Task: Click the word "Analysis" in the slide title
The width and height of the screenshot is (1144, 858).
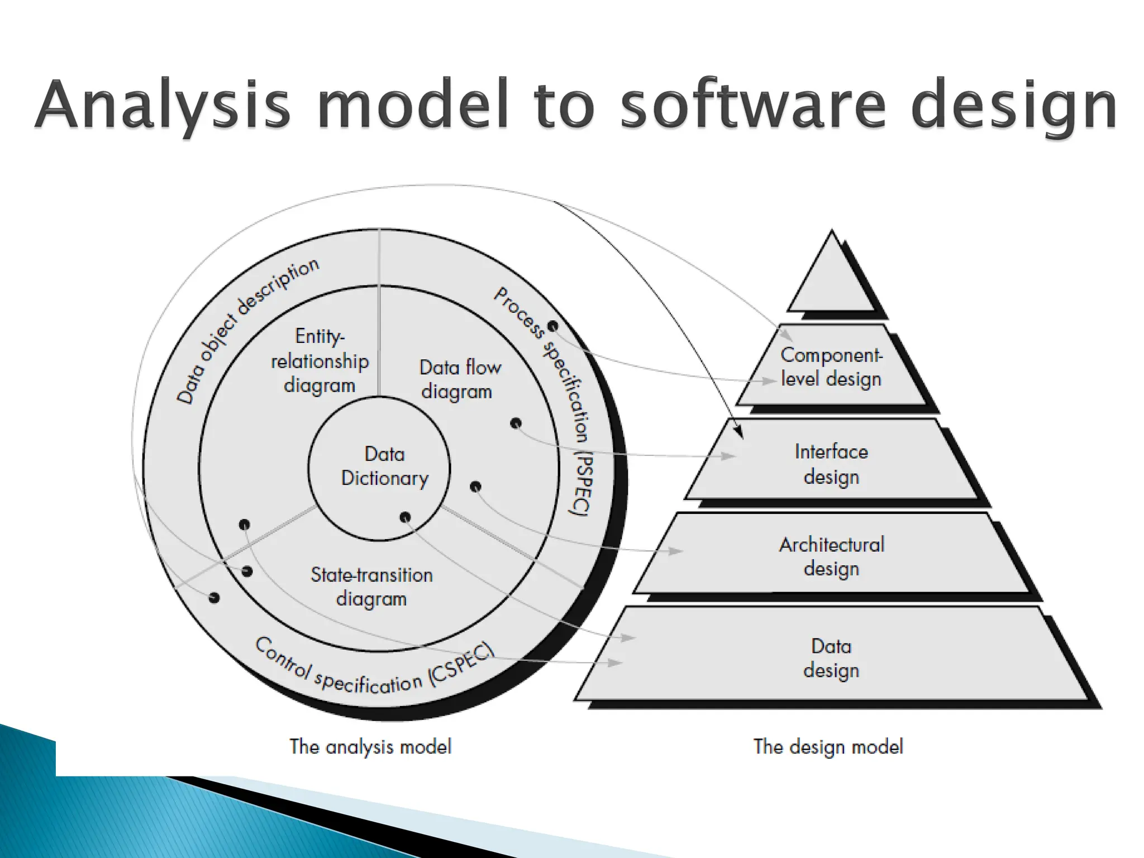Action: coord(162,106)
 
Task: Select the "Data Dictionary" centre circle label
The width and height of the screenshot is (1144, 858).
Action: coord(384,466)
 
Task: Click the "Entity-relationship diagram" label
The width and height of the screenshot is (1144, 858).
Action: coord(320,361)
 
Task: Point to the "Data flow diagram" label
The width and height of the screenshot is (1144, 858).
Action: coord(459,379)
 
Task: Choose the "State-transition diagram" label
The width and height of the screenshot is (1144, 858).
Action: coord(371,587)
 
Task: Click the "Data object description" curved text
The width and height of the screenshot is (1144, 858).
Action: coord(246,329)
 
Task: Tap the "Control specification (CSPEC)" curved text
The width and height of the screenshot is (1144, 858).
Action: coord(374,670)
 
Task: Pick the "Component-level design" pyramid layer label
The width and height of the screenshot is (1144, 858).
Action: coord(831,367)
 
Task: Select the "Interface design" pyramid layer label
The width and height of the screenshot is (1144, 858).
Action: coord(831,464)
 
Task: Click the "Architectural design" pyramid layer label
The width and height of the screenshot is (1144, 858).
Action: coord(831,556)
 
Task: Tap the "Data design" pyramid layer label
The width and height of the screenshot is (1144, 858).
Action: coord(831,658)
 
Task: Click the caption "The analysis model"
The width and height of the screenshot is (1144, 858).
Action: coord(370,746)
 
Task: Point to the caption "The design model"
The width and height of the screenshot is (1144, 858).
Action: coord(828,746)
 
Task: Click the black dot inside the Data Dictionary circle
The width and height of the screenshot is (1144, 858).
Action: coord(405,517)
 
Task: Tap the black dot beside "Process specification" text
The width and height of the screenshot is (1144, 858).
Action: coord(552,326)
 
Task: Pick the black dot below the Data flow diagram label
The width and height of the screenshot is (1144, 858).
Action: coord(516,423)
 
